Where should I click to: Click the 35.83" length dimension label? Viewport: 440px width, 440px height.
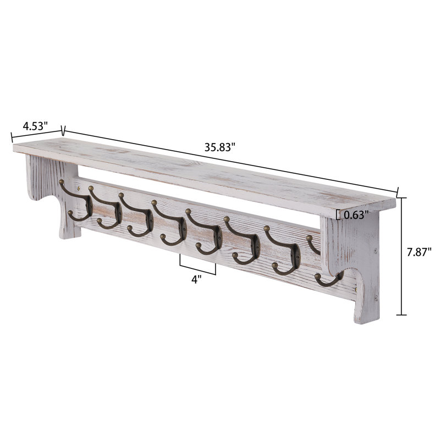pos(220,147)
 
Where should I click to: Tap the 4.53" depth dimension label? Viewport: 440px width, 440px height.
pos(35,125)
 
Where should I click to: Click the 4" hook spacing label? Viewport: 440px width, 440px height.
pos(196,279)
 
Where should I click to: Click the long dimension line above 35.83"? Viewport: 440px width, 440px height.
pos(231,161)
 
